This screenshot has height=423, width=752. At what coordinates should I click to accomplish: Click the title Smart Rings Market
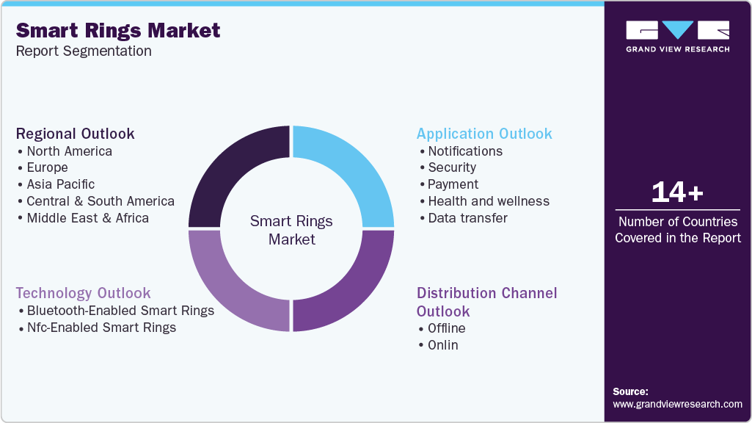(x=118, y=30)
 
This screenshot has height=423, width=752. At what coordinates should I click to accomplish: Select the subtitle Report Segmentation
(x=84, y=51)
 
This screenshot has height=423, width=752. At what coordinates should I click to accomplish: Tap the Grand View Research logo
(x=677, y=36)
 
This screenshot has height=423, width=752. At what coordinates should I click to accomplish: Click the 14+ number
(x=677, y=192)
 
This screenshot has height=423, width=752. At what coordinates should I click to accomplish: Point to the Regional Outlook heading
(x=76, y=134)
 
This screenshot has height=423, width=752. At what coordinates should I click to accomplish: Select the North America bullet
(x=69, y=151)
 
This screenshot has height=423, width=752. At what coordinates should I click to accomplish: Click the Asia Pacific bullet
(x=60, y=184)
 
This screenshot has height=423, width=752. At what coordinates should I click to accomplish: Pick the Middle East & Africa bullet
(x=87, y=218)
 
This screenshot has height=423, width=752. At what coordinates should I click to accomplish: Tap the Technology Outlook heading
(x=84, y=293)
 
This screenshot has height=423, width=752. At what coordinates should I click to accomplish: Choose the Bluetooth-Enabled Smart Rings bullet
(x=120, y=311)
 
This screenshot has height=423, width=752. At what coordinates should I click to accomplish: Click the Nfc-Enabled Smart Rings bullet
(x=101, y=328)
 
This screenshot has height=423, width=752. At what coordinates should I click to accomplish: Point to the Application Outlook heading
(x=484, y=134)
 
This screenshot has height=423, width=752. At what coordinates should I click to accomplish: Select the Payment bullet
(x=453, y=184)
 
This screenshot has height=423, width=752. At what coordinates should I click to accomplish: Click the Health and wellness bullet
(x=489, y=201)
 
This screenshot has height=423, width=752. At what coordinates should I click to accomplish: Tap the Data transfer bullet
(x=467, y=218)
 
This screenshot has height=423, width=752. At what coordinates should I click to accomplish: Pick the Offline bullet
(x=446, y=328)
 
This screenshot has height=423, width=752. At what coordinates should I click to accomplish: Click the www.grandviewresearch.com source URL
(x=677, y=404)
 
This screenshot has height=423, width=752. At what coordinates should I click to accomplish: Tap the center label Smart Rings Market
(x=291, y=230)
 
